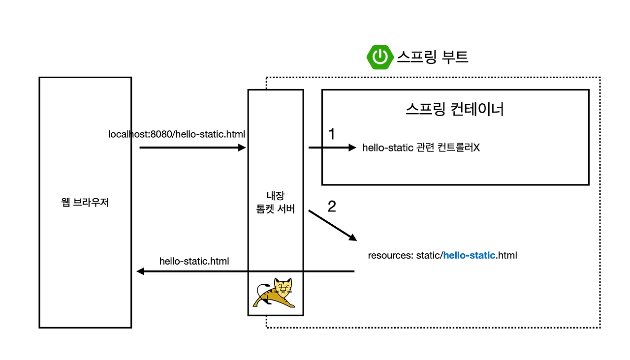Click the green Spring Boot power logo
(379, 57)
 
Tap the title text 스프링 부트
(432, 57)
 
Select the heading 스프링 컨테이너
(455, 109)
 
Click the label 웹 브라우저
(85, 202)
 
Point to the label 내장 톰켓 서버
(276, 202)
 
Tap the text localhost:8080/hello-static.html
(177, 134)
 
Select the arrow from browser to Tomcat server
(192, 148)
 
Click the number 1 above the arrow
(331, 134)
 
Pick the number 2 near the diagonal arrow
(332, 207)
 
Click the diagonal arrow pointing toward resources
(333, 226)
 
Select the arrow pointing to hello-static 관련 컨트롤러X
(331, 148)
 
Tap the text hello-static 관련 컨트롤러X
(420, 148)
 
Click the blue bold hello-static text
(469, 255)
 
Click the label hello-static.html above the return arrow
(194, 261)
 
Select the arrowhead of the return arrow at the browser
(140, 271)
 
